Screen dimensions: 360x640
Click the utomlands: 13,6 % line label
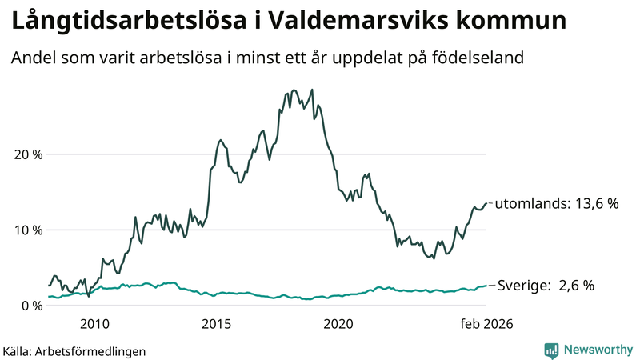[x=557, y=204]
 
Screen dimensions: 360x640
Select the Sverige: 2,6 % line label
[x=546, y=286]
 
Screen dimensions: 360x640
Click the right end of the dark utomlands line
[x=486, y=203]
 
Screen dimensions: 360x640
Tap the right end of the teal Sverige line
[x=486, y=286]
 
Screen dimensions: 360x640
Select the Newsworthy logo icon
[x=551, y=350]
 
